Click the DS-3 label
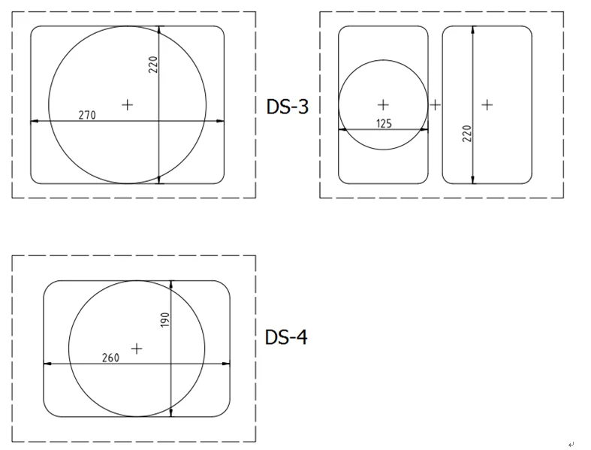tap(288, 107)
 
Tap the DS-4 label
tap(286, 337)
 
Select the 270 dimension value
tap(87, 115)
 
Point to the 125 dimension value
tap(384, 123)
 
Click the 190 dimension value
tap(165, 320)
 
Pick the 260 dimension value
tap(110, 358)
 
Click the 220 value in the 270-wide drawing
tap(153, 65)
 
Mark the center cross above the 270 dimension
tap(127, 104)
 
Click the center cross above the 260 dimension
tap(137, 349)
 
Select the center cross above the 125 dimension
tap(383, 104)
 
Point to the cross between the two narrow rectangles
tap(435, 104)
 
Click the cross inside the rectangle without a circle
tap(487, 104)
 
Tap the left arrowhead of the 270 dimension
tap(34, 121)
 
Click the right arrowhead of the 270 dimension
tap(220, 121)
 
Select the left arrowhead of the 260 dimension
tap(47, 364)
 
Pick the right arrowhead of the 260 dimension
tap(227, 364)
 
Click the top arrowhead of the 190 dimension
tap(172, 284)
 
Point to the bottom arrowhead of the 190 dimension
tap(172, 413)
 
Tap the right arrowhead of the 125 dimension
tap(424, 129)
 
